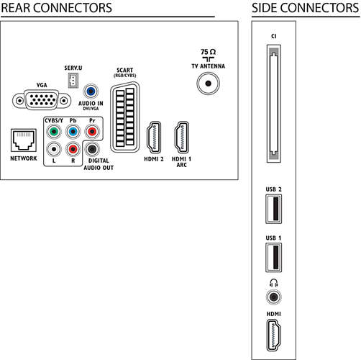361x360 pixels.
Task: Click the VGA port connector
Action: point(42,100)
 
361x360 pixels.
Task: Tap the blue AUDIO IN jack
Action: point(91,91)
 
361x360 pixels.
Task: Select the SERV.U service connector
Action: point(73,81)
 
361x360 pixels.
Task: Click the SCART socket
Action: point(124,117)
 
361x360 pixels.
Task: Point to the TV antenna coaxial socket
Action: point(209,84)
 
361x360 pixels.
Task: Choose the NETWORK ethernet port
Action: point(24,140)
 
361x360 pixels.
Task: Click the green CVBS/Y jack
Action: point(54,132)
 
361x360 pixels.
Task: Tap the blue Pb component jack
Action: point(73,132)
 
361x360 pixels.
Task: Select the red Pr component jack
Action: point(92,132)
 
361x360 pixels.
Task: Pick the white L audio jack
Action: point(54,149)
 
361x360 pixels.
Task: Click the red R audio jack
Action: point(73,149)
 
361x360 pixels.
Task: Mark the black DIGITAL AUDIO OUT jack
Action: point(92,149)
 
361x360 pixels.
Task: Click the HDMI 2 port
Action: point(154,138)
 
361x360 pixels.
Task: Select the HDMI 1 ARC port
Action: point(181,138)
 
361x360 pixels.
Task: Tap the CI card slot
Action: point(274,104)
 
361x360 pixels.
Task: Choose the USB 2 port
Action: point(273,209)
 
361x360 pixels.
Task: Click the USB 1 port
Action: point(273,258)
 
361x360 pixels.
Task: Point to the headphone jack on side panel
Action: point(274,297)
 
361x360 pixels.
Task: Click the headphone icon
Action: point(274,283)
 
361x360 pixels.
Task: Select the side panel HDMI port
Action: point(274,336)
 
